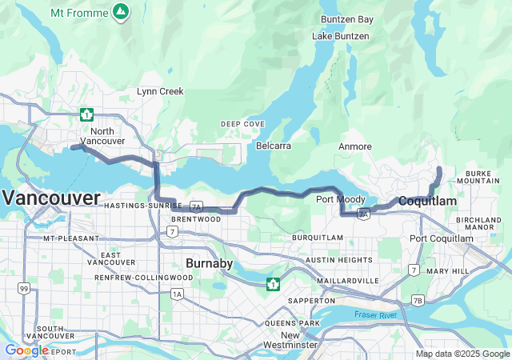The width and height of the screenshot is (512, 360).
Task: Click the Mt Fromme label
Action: click(78, 13)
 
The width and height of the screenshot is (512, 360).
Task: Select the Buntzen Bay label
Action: click(347, 19)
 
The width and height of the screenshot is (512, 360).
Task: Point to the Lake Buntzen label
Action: click(341, 37)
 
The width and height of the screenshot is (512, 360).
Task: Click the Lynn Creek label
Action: click(160, 92)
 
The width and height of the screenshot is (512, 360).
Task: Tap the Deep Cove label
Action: click(242, 124)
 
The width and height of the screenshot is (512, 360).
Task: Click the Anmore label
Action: click(355, 146)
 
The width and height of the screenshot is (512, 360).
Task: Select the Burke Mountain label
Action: click(490, 178)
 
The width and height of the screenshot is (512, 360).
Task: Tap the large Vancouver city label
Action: click(51, 198)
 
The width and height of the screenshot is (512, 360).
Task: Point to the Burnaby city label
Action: click(209, 263)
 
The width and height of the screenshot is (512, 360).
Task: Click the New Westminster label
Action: click(290, 339)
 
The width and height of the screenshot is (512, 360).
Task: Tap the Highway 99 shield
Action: click(25, 288)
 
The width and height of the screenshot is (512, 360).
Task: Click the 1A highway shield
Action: click(176, 294)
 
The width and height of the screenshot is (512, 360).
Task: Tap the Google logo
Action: click(26, 350)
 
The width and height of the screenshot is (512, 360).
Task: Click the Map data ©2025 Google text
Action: click(462, 354)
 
